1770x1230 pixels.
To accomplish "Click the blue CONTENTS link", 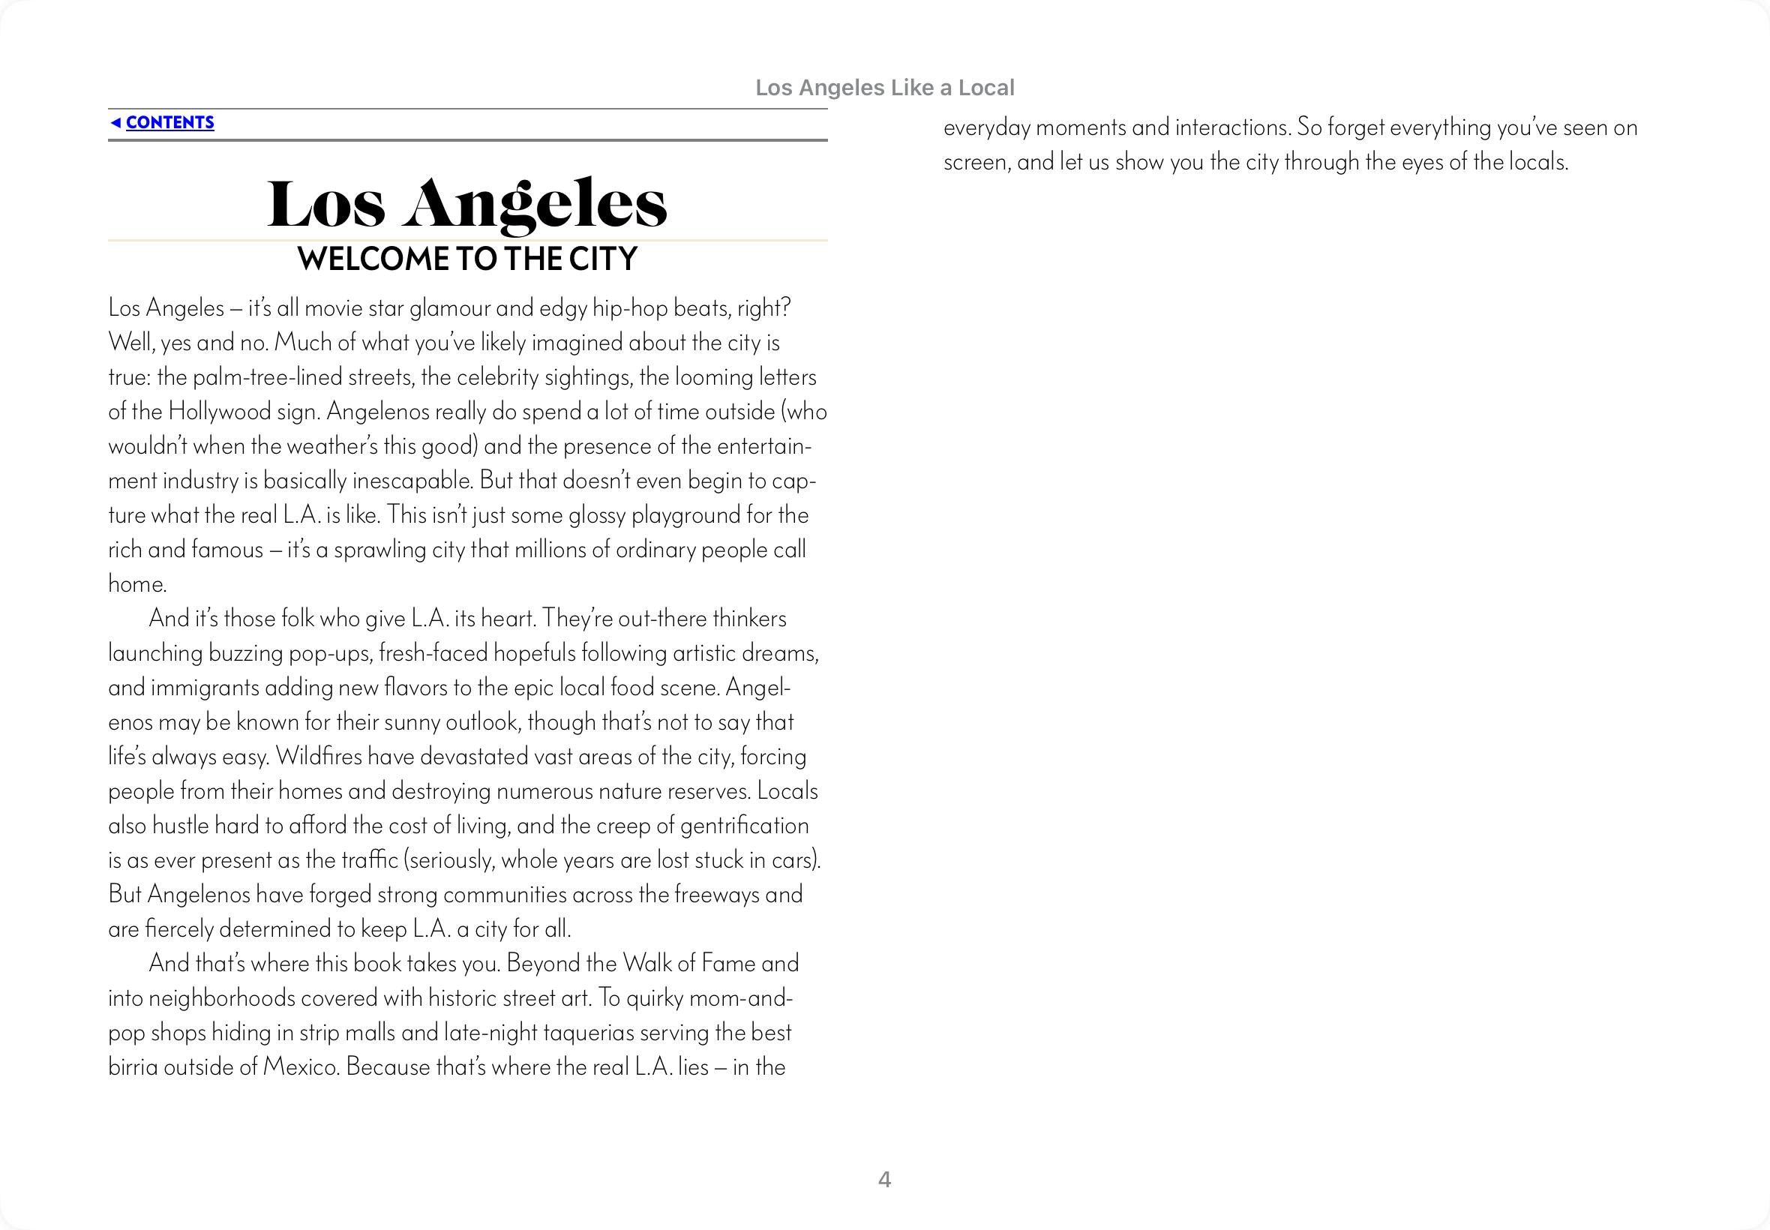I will coord(169,122).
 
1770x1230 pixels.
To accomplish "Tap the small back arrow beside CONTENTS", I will coord(115,122).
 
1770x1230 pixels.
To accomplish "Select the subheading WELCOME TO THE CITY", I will coord(467,259).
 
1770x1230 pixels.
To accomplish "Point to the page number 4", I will coord(884,1180).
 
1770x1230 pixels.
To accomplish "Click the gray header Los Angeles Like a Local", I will coord(884,88).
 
